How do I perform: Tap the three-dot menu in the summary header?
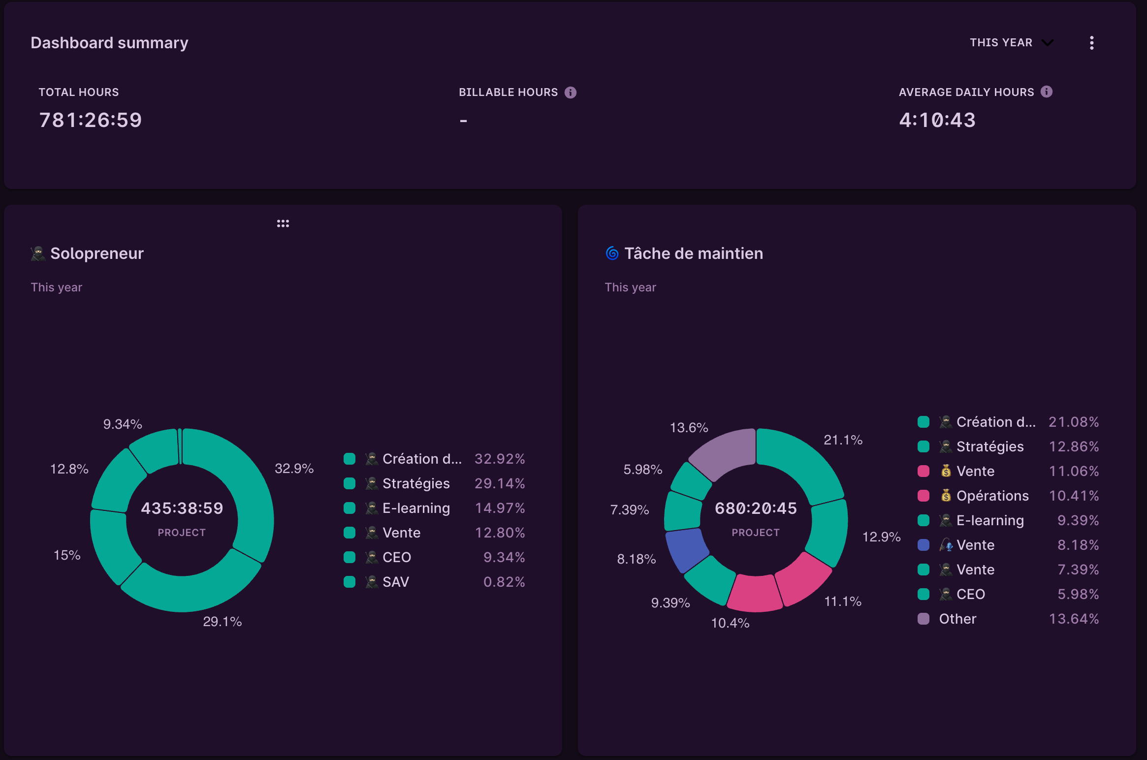1091,43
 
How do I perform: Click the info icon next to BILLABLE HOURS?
570,93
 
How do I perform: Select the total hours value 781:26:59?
91,120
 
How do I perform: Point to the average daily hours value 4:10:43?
937,120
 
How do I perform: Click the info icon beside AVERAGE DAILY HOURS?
1046,92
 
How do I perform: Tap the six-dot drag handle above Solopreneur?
283,223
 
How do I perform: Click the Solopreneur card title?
96,253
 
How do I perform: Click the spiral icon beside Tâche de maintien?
612,253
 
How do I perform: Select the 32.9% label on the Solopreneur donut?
294,469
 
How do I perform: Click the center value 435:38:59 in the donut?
182,508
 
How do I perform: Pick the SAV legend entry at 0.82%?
395,582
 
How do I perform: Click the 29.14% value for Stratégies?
499,483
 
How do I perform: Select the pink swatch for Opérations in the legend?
924,496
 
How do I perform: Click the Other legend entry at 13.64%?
957,619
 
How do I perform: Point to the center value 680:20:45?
756,508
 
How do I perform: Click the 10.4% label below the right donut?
730,623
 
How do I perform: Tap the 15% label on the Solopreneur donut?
67,555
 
